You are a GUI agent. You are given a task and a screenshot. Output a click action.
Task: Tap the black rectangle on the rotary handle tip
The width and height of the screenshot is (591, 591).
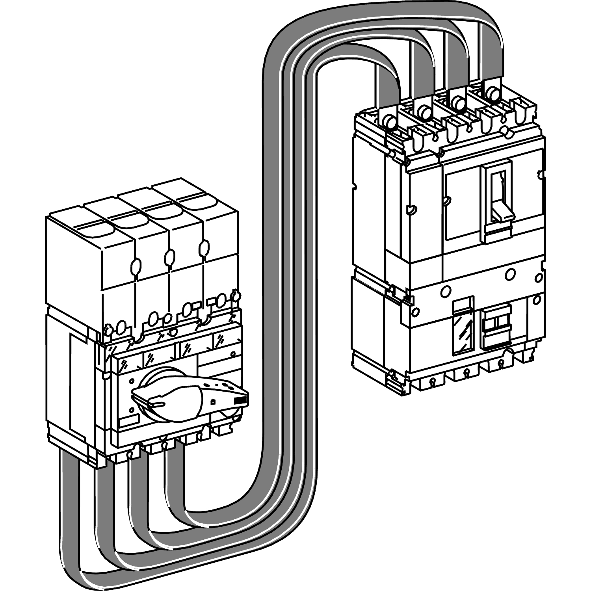(240, 400)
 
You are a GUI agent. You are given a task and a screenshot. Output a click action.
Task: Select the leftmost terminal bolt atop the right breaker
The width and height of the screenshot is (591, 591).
(390, 121)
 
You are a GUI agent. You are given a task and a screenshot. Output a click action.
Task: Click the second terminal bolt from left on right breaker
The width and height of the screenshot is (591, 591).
(424, 112)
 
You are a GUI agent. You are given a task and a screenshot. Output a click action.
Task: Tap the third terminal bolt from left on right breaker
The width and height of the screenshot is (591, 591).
(458, 102)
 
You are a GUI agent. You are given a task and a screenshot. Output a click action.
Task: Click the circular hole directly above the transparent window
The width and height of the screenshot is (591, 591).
(446, 291)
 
